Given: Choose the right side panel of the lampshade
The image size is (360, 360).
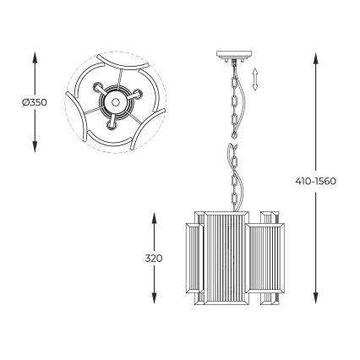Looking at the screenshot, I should pos(268,258).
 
